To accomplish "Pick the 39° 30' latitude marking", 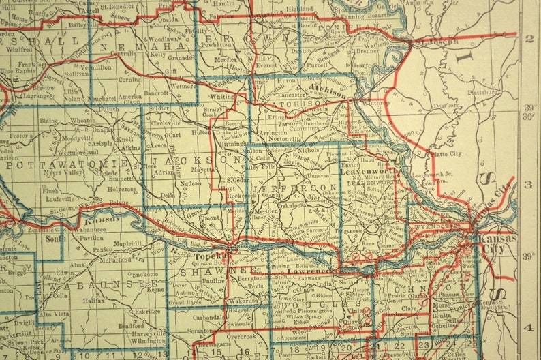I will pos(530,111).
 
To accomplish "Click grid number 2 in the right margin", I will pos(529,38).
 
